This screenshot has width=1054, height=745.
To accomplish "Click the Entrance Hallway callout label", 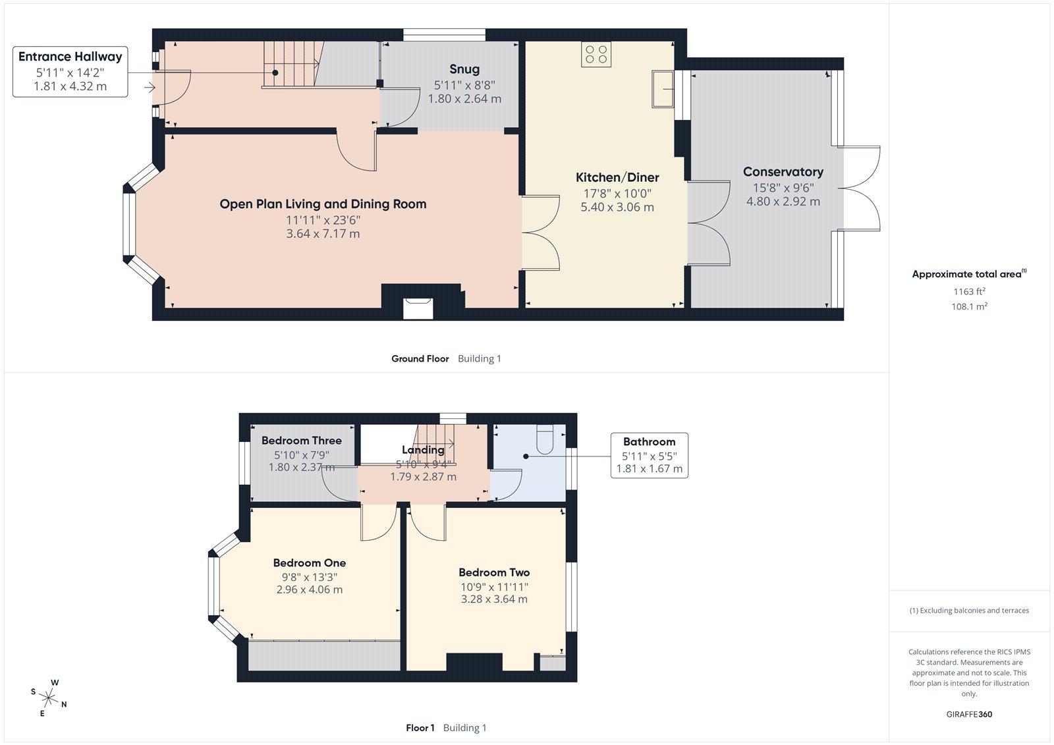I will click(70, 72).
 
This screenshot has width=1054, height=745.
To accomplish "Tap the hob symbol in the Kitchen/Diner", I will click(596, 54).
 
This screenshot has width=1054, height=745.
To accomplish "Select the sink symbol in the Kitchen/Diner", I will click(663, 89).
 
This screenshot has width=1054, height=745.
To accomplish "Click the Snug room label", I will click(464, 69).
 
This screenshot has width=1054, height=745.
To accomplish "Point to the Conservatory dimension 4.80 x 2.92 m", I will click(783, 202).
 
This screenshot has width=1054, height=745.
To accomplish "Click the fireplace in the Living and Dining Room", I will click(418, 308).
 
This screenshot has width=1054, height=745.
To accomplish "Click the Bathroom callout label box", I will click(649, 455).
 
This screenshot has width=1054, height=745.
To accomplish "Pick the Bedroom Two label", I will click(494, 572).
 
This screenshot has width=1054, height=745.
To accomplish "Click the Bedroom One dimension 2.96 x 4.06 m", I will click(309, 590).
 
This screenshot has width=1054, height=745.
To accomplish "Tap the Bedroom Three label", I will click(301, 440).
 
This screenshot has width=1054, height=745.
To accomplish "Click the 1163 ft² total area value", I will click(969, 291).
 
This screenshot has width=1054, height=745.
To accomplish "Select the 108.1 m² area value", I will click(969, 306).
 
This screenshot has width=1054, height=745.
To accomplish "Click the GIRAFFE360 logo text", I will click(969, 714).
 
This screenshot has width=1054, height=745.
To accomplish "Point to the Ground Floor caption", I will click(420, 358).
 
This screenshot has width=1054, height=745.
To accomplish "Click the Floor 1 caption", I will click(420, 728).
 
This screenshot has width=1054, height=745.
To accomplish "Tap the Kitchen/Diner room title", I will click(617, 177).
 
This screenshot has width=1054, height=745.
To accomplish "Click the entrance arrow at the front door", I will click(150, 87).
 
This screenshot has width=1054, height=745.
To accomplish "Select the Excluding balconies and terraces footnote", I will click(969, 611).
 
